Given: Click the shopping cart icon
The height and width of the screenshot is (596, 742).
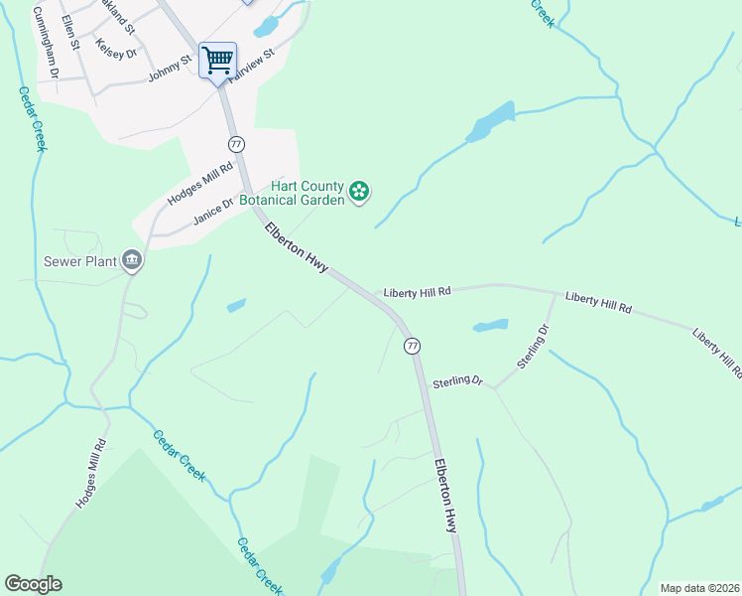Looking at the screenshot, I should (x=217, y=60).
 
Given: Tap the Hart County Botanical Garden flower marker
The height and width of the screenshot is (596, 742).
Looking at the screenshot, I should (x=359, y=191).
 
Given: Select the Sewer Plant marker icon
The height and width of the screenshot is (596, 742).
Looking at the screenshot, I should (x=132, y=262).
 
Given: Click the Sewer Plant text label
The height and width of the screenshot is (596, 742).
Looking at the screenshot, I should (x=79, y=262).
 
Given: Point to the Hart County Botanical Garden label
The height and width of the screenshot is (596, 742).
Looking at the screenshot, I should (x=308, y=192).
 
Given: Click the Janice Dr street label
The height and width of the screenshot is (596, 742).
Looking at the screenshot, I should (x=212, y=211).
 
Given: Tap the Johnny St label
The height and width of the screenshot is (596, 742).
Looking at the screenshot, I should (x=170, y=69).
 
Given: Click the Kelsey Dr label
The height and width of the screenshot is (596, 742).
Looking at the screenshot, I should (x=116, y=47).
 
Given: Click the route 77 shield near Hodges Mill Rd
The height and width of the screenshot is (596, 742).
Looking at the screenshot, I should (x=235, y=144).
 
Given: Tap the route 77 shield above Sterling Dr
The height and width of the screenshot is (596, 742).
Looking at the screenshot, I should (x=412, y=346).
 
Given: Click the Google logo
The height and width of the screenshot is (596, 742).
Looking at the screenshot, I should (x=33, y=584).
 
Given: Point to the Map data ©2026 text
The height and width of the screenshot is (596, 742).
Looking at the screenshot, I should (x=699, y=588).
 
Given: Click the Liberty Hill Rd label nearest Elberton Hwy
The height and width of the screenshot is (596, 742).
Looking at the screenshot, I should (x=418, y=292).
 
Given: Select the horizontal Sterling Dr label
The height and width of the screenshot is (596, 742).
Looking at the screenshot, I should (x=457, y=381).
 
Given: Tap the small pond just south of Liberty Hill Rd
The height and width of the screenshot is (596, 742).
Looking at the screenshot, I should (x=490, y=325).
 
